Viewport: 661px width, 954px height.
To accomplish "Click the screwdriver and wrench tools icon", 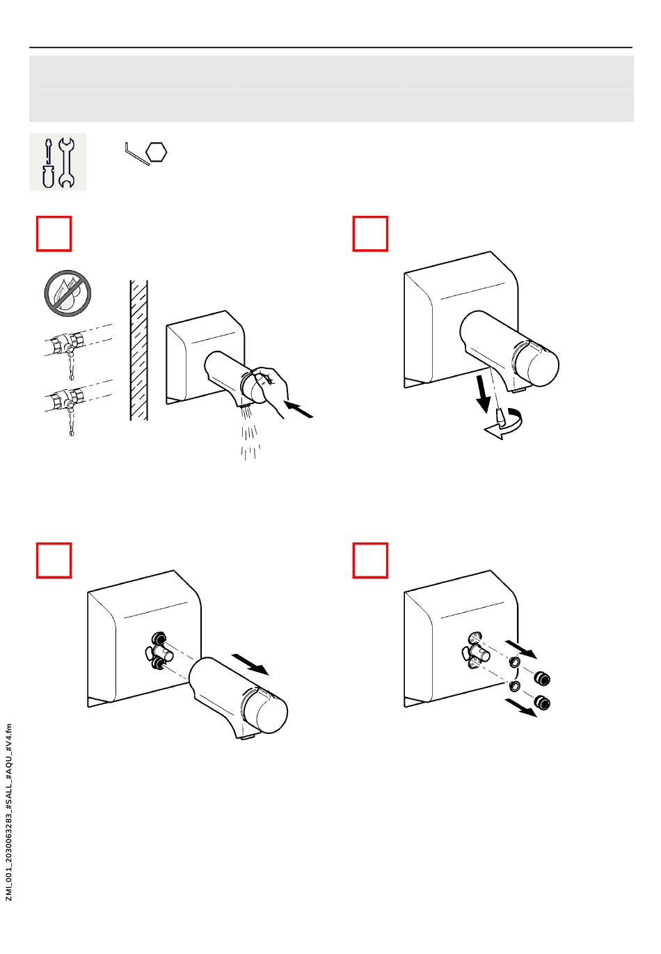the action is pyautogui.click(x=58, y=162).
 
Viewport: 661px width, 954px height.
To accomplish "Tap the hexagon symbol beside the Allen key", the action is pyautogui.click(x=158, y=153).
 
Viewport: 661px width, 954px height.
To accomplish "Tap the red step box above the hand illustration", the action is pyautogui.click(x=54, y=233).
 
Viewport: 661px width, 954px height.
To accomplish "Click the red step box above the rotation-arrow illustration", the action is pyautogui.click(x=370, y=233).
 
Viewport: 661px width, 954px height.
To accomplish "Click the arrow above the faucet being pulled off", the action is pyautogui.click(x=250, y=664).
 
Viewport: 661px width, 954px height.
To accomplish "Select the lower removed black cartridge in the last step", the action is pyautogui.click(x=542, y=701).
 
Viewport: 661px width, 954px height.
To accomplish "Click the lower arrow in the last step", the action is pyautogui.click(x=522, y=707).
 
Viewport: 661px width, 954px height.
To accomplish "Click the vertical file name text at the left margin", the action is pyautogui.click(x=9, y=812).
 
